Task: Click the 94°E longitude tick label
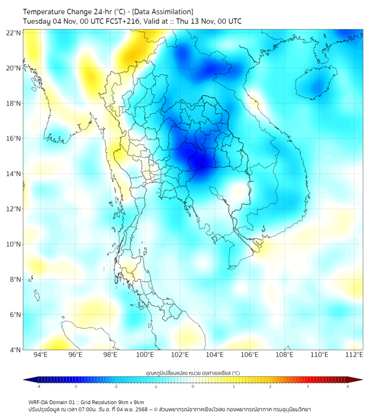tap(40, 355)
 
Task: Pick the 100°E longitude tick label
tap(145, 355)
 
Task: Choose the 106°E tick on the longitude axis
tap(250, 355)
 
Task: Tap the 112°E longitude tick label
tap(354, 355)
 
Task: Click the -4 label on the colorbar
tap(38, 386)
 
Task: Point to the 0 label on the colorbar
tap(193, 386)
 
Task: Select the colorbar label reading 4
tap(347, 386)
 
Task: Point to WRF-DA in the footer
tap(38, 402)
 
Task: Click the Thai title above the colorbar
tap(192, 373)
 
